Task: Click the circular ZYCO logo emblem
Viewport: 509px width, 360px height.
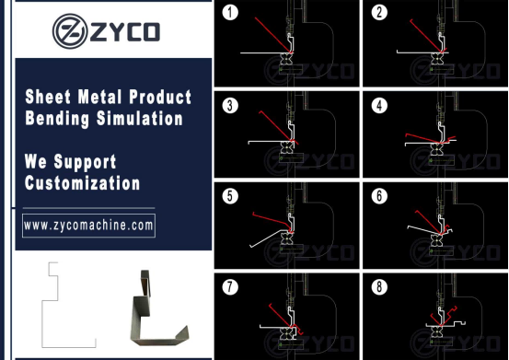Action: coord(70,31)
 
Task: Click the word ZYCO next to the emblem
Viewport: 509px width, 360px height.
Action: coord(124,32)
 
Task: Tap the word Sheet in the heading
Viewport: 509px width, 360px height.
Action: coord(48,97)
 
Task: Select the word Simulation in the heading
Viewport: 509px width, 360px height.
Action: coord(140,119)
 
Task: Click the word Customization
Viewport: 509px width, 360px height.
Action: coord(83,183)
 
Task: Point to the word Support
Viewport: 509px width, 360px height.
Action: coord(85,162)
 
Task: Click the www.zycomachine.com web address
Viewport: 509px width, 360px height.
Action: coord(88,226)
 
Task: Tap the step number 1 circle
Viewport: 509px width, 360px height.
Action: coord(230,12)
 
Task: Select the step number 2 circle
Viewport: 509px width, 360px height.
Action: coord(379,12)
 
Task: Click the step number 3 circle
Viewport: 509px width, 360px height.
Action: coord(230,106)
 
